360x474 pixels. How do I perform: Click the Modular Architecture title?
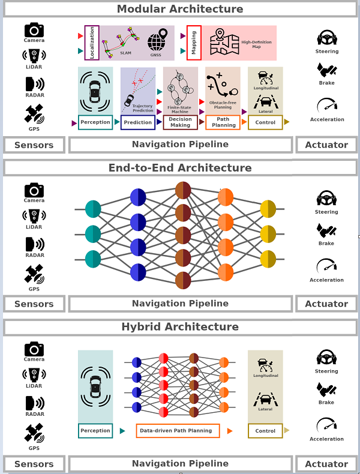[180, 9]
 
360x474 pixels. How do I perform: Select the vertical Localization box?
[92, 43]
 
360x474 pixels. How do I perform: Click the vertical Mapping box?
[194, 43]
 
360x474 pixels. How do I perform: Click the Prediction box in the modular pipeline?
[138, 122]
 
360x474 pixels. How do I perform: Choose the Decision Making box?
[180, 122]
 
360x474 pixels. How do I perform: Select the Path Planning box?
[223, 122]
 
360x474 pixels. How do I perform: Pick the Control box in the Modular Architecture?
[265, 122]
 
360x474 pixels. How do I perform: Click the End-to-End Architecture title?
[180, 168]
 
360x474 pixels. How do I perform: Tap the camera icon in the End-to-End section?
[34, 191]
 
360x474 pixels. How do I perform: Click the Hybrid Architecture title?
[180, 327]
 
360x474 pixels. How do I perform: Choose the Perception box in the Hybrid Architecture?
[95, 430]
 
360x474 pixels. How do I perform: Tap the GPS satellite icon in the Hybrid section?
[34, 433]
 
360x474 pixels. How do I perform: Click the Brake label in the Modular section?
[326, 83]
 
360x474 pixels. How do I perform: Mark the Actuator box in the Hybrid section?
[326, 464]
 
